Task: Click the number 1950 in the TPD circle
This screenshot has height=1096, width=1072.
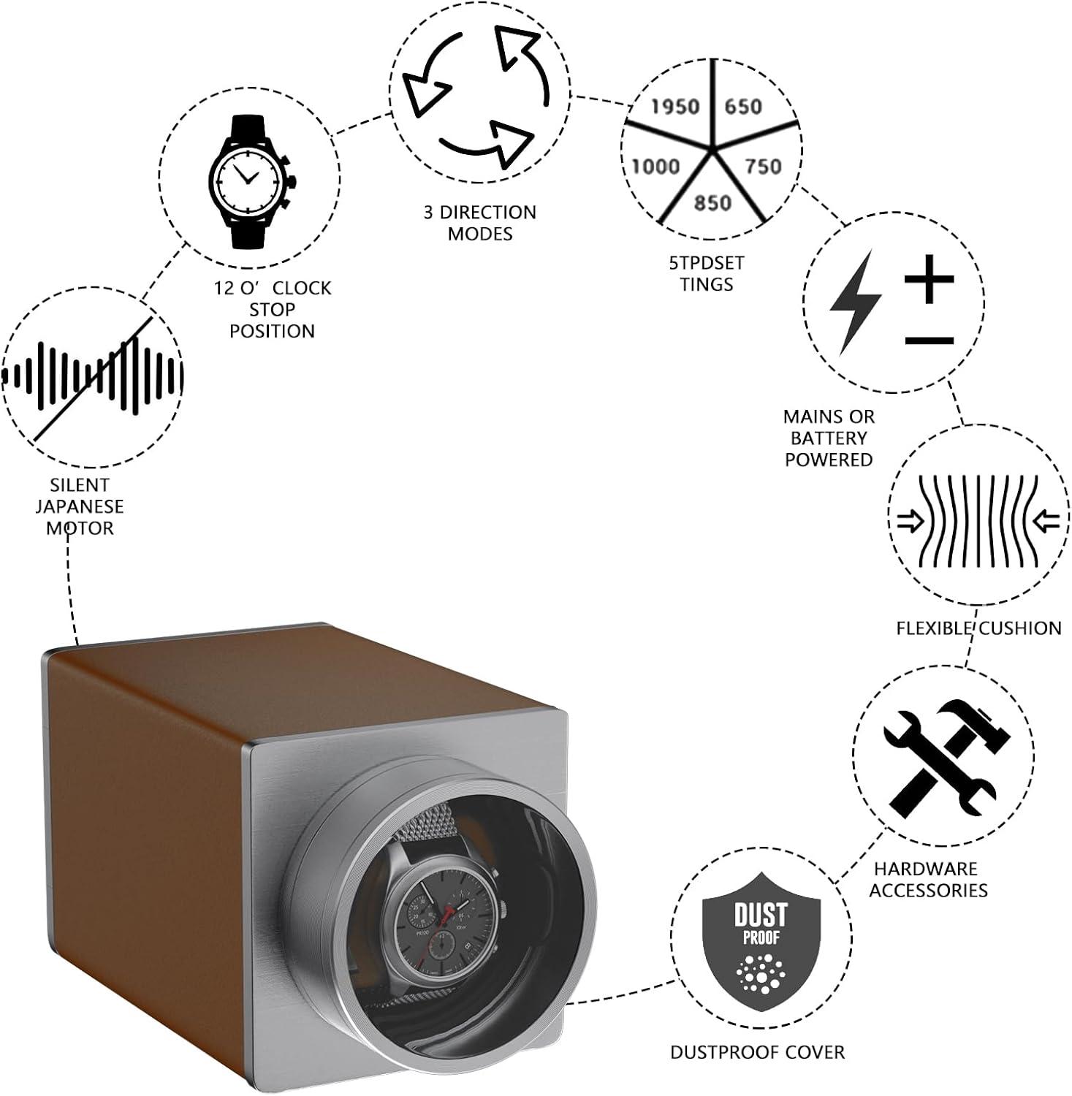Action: coord(675,107)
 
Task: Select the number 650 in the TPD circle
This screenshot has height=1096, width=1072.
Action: coord(743,107)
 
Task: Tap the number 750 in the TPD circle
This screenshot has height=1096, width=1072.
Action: coord(763,167)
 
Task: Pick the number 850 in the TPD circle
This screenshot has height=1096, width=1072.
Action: coord(712,202)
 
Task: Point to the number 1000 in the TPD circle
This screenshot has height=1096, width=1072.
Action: coord(655,167)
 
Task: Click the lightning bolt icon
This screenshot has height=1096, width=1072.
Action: coord(855,302)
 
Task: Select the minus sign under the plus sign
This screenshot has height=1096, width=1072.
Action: coord(929,340)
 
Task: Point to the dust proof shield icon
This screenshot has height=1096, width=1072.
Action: coord(761,941)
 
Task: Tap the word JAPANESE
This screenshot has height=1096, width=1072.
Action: coord(80,506)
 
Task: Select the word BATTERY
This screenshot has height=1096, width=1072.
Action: coord(829,438)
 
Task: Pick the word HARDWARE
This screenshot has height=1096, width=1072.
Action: coord(925,869)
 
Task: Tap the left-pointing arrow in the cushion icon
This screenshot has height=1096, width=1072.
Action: coord(1049,521)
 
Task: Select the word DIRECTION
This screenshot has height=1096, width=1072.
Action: coord(487,213)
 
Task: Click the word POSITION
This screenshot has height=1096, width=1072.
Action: coord(272,331)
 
